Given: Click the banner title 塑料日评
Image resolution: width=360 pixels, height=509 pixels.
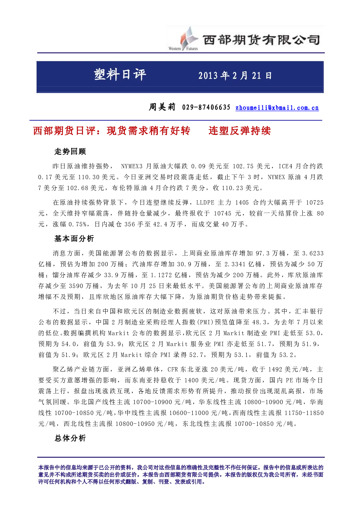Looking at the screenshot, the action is [120, 75].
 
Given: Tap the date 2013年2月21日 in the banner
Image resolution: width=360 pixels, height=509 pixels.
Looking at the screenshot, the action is [235, 76].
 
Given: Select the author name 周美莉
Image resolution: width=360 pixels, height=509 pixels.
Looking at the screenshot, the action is [162, 107].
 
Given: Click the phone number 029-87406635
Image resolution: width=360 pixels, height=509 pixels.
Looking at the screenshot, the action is [206, 107].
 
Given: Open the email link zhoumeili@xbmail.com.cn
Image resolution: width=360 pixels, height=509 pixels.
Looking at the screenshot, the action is [277, 108].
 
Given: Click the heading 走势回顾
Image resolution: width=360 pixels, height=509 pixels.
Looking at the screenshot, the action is [70, 151].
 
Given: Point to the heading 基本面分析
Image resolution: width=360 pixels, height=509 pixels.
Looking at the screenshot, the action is [74, 239].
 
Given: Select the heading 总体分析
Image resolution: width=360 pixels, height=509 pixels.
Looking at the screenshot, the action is [70, 438].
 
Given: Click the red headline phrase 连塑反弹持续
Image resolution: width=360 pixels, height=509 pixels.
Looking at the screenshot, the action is [240, 131].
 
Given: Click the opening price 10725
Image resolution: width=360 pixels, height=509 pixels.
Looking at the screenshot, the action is [315, 203].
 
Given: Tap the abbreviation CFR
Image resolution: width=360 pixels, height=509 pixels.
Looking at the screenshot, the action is [173, 369].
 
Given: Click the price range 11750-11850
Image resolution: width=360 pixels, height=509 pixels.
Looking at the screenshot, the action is [304, 413].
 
